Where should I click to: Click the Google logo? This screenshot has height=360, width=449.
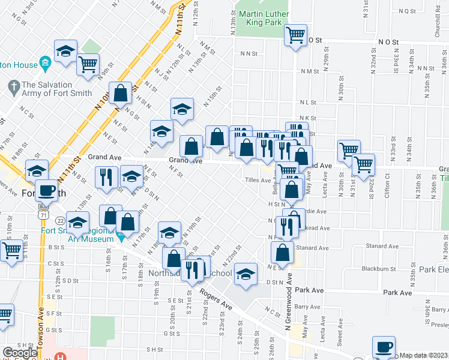tap(20, 353)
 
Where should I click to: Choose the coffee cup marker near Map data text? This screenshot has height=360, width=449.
tap(384, 346)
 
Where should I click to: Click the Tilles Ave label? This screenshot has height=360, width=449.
tap(258, 180)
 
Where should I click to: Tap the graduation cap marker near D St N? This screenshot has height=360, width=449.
tap(245, 274)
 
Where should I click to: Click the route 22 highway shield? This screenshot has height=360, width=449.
tap(61, 220)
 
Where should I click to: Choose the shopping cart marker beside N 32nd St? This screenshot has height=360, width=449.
tap(363, 163)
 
